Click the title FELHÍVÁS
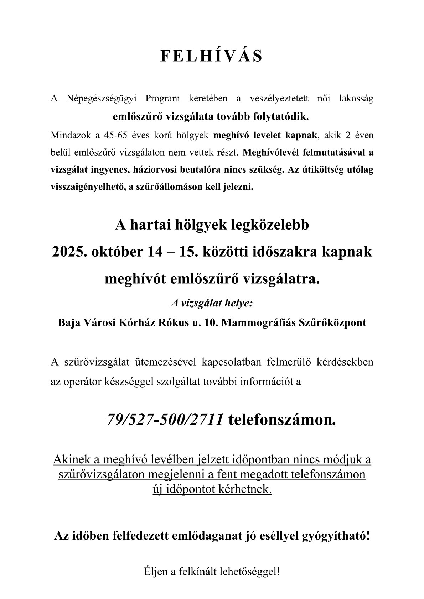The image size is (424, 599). [212, 56]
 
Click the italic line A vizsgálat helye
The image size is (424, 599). [212, 303]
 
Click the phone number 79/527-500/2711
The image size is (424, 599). [165, 420]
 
